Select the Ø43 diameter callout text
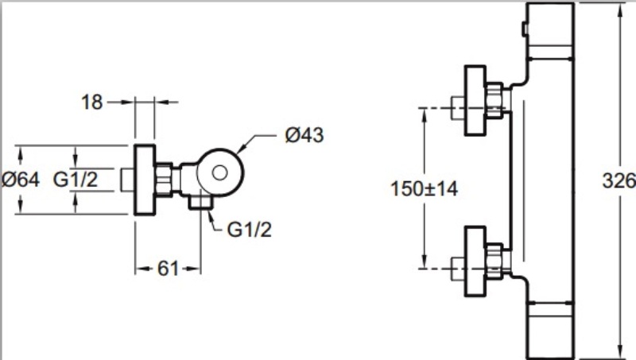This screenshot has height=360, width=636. (x=304, y=136)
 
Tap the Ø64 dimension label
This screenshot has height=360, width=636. (x=21, y=180)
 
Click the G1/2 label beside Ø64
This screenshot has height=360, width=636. (x=76, y=180)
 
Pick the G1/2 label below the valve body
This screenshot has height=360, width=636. (x=250, y=230)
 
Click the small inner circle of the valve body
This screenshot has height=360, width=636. (x=220, y=169)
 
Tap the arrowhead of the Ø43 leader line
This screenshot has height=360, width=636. (x=242, y=149)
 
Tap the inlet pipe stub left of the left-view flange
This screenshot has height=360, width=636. (x=128, y=180)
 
